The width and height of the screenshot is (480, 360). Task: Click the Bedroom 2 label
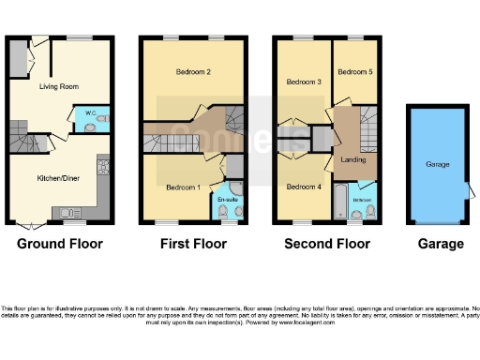pos(192,72)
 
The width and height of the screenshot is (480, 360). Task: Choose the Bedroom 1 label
pos(183,187)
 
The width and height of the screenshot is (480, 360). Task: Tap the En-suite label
pos(227,200)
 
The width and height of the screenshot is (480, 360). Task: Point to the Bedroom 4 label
pos(303,187)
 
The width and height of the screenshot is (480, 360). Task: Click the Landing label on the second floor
pos(353,158)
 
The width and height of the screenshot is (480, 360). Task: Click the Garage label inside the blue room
pos(439,164)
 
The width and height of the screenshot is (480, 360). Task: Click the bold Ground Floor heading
pos(60,244)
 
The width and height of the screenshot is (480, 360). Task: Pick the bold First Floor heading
pos(192,244)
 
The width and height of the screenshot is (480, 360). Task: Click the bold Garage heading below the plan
pos(441,244)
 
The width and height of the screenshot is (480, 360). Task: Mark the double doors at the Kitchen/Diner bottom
pos(30,225)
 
